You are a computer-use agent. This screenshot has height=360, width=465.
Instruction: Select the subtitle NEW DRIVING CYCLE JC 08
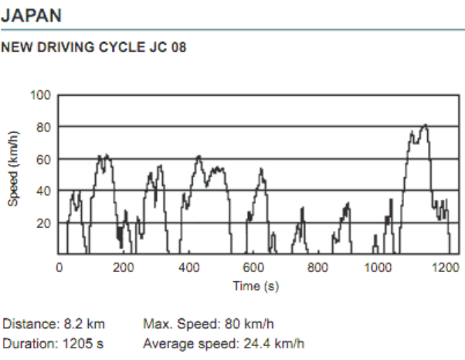[x=93, y=47]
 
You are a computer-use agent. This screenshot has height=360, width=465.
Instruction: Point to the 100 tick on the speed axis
[x=41, y=95]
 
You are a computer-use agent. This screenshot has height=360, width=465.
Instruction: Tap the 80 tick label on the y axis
[x=44, y=127]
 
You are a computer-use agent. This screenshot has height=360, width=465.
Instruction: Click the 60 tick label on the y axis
[x=44, y=158]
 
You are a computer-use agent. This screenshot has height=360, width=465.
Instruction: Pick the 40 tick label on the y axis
[x=44, y=191]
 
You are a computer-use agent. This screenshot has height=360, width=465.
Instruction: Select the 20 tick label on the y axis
[x=44, y=222]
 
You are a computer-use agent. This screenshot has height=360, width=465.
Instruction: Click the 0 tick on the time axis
[x=59, y=267]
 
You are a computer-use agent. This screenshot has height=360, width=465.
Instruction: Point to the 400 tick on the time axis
[x=189, y=267]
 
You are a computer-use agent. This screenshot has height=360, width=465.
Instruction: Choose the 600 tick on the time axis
[x=254, y=267]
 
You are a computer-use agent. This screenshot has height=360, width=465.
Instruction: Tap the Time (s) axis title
[x=256, y=286]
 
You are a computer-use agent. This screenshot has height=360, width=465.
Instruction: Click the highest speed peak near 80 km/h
[x=424, y=125]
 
